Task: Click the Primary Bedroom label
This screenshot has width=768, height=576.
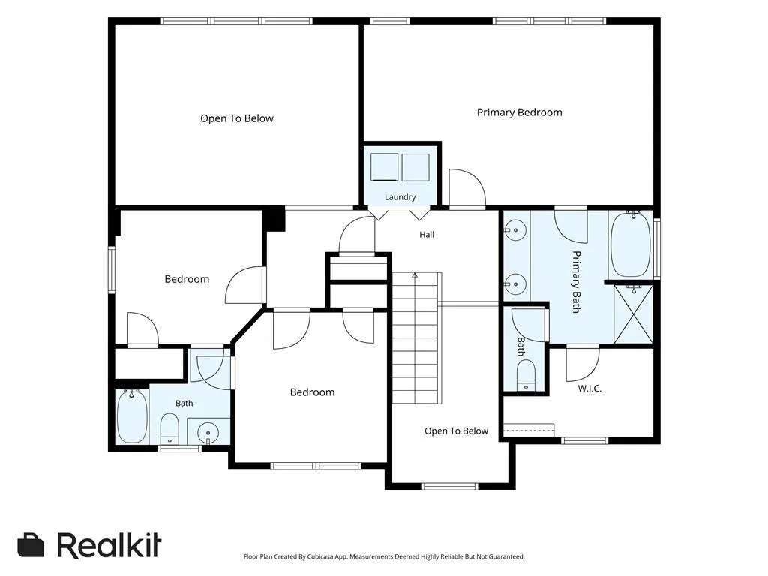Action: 519,112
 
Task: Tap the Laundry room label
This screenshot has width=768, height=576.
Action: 400,197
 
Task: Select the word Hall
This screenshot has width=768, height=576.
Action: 427,235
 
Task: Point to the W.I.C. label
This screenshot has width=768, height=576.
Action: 589,388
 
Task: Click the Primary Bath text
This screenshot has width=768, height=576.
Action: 577,282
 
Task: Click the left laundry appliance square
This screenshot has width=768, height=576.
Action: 384,167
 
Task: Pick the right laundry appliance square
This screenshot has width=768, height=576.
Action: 415,167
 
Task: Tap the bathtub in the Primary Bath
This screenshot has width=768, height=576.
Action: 631,244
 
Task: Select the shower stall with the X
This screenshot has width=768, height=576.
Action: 633,314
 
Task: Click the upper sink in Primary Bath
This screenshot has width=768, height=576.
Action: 516,230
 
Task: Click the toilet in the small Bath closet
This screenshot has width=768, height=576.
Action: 526,375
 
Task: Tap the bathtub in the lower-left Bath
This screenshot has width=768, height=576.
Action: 132,417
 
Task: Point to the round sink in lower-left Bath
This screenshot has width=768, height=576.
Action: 208,433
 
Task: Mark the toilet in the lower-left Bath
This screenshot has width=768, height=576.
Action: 170,428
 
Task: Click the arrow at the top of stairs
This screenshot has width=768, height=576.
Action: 415,275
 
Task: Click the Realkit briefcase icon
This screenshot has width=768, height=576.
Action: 31,545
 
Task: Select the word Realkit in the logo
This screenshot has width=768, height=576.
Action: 109,545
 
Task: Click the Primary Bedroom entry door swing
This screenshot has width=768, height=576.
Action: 467,187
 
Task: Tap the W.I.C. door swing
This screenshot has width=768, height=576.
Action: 583,363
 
